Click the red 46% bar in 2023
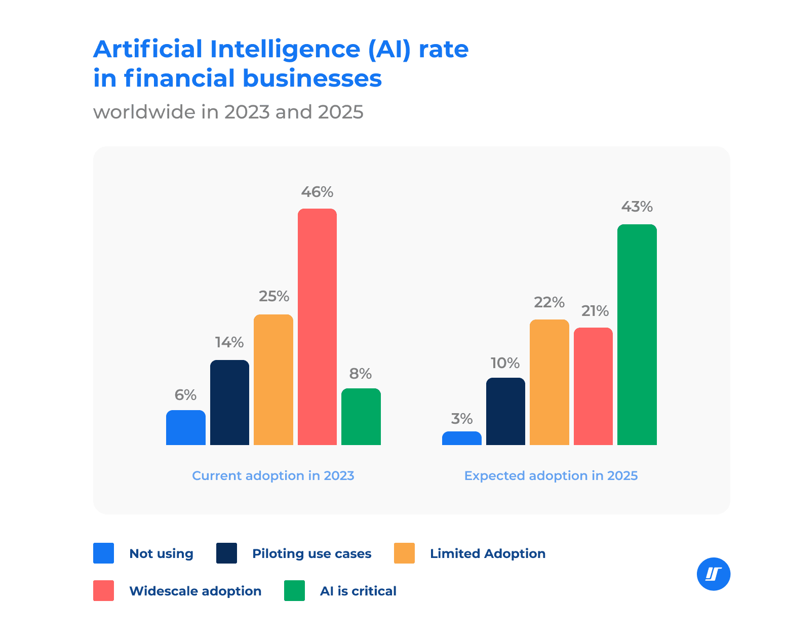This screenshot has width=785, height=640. point(317,327)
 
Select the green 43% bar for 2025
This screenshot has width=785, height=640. point(637,334)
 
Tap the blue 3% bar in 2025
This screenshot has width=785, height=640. point(461,438)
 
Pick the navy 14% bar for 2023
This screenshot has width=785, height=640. point(229,403)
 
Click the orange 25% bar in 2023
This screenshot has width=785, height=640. point(273,380)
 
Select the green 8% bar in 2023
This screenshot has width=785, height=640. point(361,417)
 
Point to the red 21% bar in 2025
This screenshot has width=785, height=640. point(593,386)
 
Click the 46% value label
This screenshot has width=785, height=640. point(317,192)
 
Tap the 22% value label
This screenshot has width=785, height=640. point(549,302)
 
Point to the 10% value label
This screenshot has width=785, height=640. point(505,363)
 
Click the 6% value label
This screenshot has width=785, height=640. point(185,395)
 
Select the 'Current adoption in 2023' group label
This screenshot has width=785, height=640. point(273,476)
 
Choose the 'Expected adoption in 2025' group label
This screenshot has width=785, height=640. point(551,476)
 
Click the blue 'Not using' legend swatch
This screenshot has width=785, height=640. point(103,553)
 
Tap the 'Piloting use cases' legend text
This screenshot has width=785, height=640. point(311,553)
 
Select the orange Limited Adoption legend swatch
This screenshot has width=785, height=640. point(404,553)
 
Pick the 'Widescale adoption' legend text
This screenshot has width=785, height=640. point(195,591)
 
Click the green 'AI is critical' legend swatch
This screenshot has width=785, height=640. point(294,591)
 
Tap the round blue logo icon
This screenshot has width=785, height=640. point(713,574)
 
